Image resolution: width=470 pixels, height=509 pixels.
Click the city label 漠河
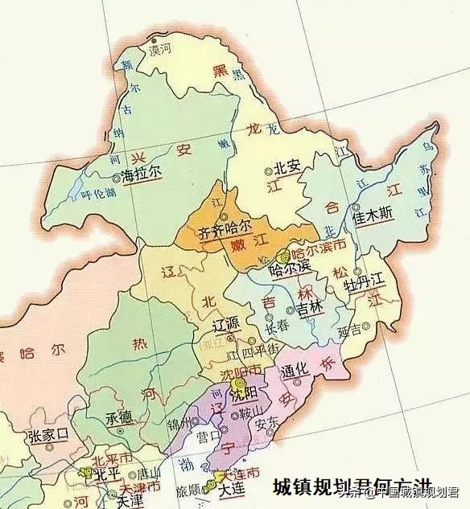point(160,49)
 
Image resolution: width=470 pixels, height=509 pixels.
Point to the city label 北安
point(287,167)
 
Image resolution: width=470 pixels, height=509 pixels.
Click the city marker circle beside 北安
point(269,171)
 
